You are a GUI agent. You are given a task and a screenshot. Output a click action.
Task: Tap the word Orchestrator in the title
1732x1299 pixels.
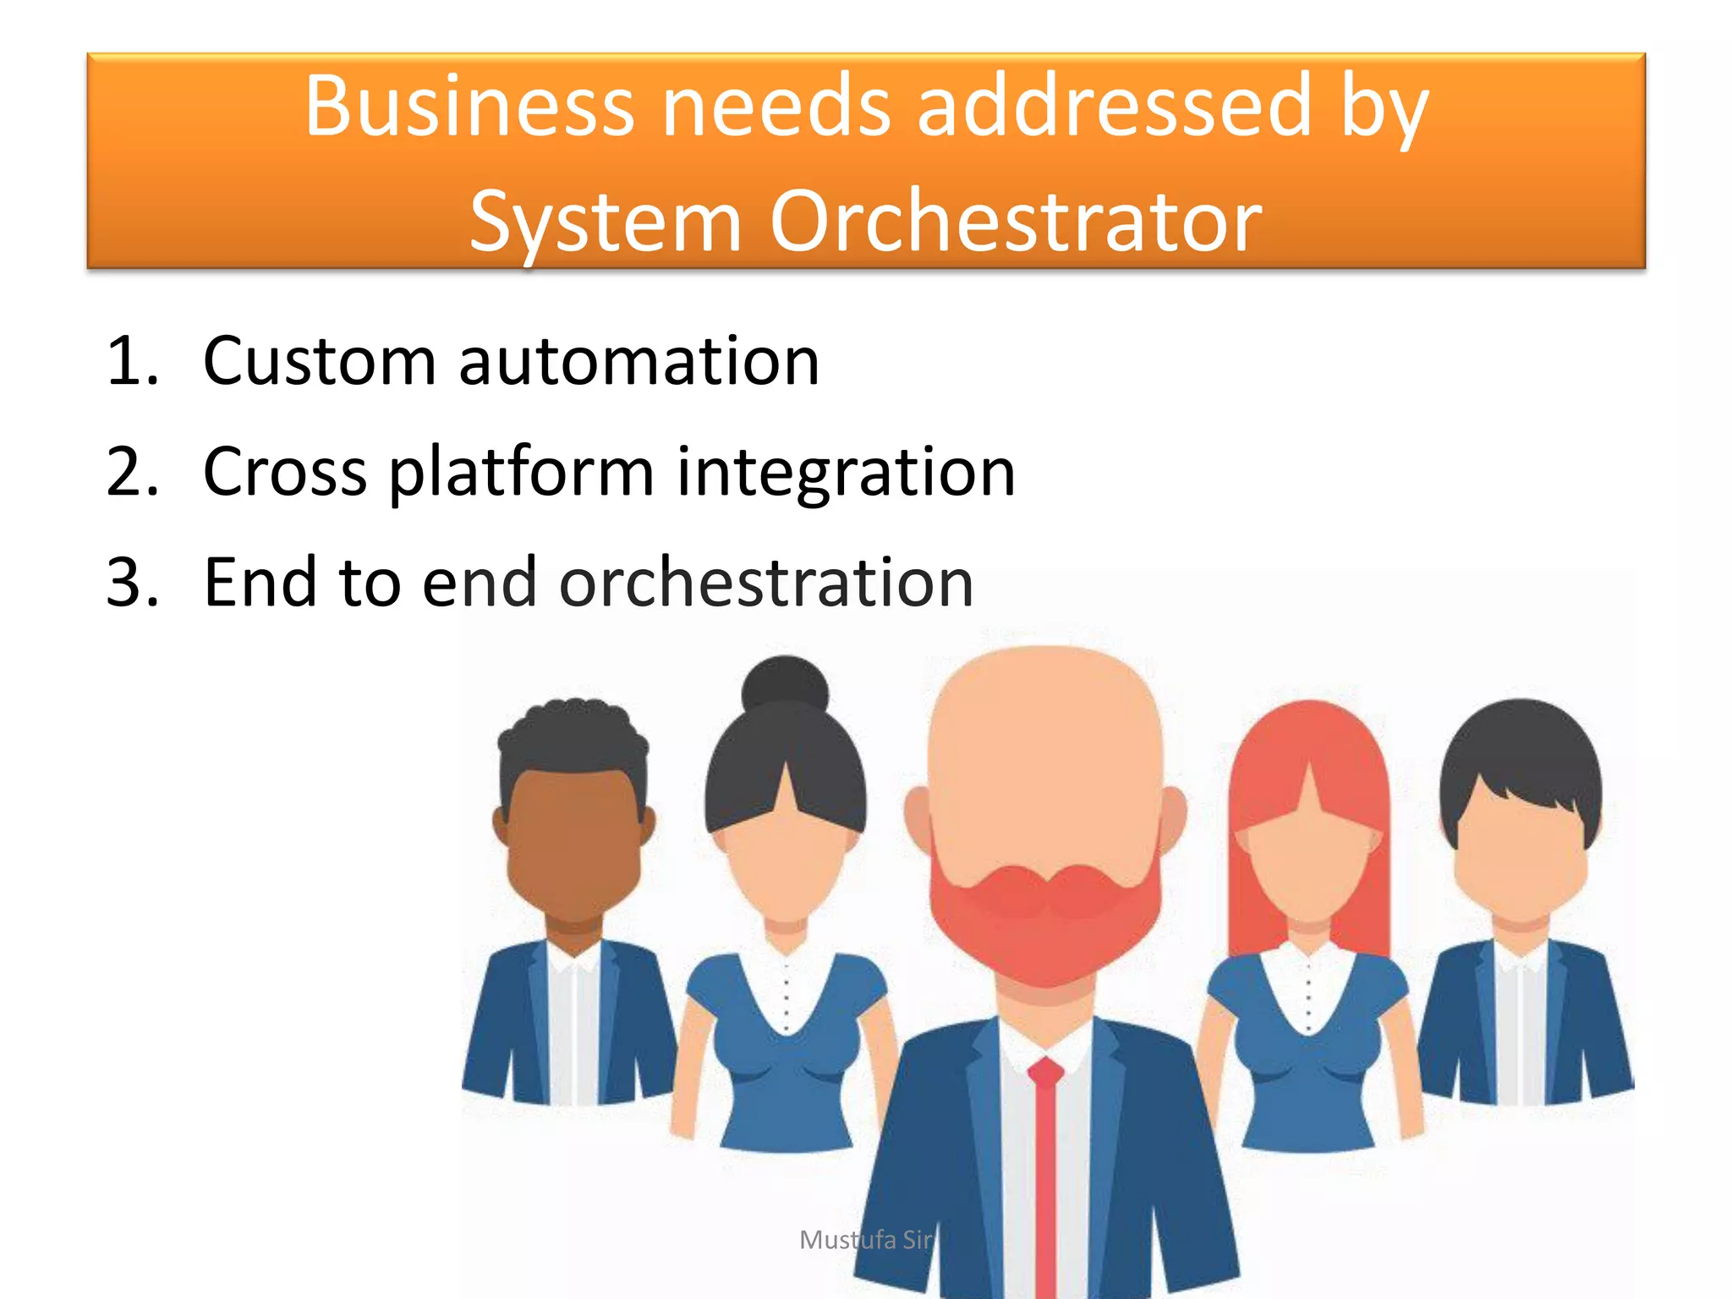click(1015, 222)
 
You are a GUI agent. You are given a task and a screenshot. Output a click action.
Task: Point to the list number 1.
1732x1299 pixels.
click(132, 362)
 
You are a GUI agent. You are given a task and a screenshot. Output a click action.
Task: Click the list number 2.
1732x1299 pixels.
click(132, 472)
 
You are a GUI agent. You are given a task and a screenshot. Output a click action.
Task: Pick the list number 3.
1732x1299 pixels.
click(132, 583)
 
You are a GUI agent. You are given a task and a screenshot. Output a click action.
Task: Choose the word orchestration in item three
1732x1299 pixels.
click(766, 583)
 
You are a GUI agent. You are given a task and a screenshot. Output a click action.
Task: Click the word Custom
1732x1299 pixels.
click(320, 362)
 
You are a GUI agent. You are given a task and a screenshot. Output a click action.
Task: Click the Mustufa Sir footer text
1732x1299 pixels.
click(865, 1240)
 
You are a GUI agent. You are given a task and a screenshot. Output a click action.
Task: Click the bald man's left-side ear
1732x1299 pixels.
click(918, 816)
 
